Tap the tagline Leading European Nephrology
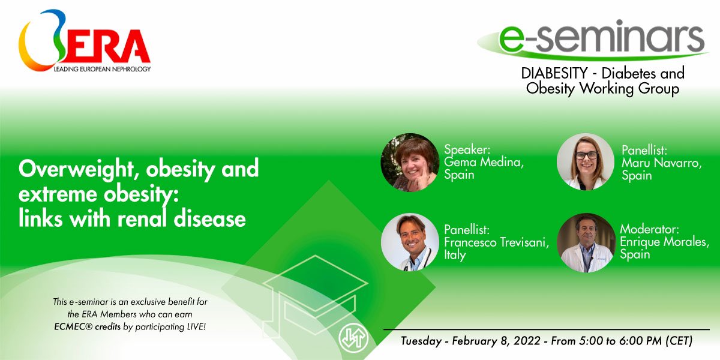tap(102, 69)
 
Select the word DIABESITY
tap(554, 73)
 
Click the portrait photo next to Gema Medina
tap(410, 163)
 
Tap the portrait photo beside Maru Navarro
tap(586, 161)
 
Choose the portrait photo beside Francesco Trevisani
tap(410, 242)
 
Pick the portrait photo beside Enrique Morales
tap(586, 242)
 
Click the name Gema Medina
tap(484, 163)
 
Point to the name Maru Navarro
tap(661, 163)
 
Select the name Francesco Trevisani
tap(496, 242)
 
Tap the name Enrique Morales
tap(664, 242)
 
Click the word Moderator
tap(649, 229)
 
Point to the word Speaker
tap(467, 150)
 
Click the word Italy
tap(455, 255)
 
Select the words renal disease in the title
tap(181, 219)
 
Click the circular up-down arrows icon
tap(353, 338)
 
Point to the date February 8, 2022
tap(496, 341)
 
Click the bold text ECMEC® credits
tap(87, 327)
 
